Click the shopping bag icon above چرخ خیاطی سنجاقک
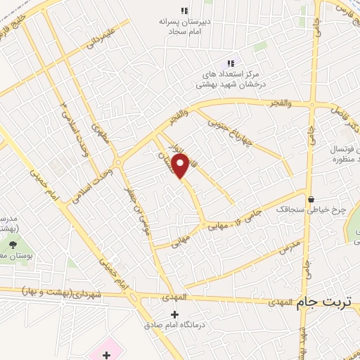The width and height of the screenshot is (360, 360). coord(311,200)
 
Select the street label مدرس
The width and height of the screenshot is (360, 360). coord(289,246)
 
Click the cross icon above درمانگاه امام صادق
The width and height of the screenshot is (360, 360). coord(174,314)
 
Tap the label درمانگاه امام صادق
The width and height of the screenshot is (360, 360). coord(174,324)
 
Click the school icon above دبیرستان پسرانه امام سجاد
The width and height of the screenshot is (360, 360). coord(184,11)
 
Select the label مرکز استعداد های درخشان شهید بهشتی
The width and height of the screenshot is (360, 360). coord(225,78)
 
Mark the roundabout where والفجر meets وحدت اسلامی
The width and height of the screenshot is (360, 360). coord(118,162)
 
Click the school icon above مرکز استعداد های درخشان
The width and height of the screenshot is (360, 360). coord(231,63)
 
